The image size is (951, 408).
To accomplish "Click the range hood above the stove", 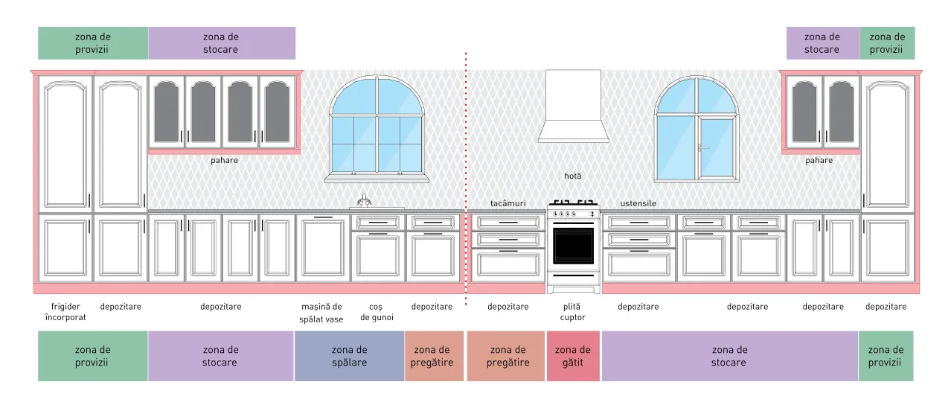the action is click(573, 106).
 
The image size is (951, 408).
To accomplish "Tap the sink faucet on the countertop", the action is click(364, 201).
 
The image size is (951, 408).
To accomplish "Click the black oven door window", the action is click(573, 246).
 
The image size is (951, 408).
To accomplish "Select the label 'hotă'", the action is click(573, 176).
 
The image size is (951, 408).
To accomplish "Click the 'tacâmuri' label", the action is click(507, 203).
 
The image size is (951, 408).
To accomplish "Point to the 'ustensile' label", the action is click(638, 203).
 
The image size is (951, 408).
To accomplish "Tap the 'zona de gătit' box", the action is click(573, 356).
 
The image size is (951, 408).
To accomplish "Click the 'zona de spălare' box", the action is click(349, 356).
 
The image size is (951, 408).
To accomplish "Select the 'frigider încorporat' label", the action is click(65, 312).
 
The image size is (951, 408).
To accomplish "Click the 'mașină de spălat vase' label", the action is click(321, 313).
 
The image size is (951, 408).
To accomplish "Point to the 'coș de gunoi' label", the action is click(377, 312).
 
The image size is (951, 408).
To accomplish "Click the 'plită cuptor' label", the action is click(572, 312).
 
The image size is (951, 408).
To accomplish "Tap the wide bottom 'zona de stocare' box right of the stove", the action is click(730, 356).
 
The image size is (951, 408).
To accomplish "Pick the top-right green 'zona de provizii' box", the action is click(887, 43).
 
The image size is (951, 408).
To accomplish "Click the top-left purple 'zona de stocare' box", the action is click(222, 43).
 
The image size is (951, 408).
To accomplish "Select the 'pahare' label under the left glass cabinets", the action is click(224, 161).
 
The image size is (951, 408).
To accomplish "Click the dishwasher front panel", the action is click(323, 248).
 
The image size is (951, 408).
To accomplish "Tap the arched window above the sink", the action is click(377, 127).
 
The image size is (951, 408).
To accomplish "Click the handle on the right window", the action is click(702, 147).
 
